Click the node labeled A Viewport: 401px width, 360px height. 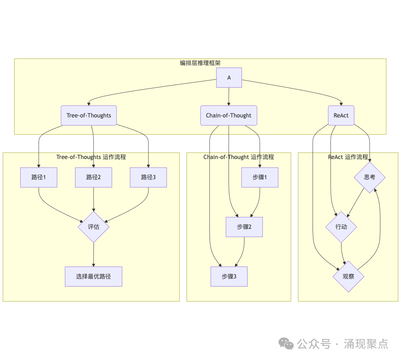[229, 77]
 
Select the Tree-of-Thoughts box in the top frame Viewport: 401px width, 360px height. [89, 115]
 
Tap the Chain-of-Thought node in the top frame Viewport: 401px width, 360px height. [229, 115]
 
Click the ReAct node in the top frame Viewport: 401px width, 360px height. [341, 115]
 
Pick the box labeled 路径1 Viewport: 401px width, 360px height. [39, 177]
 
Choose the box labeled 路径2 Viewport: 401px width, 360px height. [94, 177]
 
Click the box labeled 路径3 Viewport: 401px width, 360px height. [148, 177]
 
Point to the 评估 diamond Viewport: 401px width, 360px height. [94, 227]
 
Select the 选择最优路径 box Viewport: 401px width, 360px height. [94, 276]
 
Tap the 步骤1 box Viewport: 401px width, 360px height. [260, 177]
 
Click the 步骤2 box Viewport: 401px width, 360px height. [244, 227]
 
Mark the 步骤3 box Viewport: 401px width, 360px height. [229, 276]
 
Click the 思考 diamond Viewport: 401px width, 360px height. [370, 177]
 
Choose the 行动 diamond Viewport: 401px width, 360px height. [341, 227]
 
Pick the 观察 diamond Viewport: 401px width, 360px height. [349, 276]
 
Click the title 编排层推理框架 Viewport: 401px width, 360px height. [200, 63]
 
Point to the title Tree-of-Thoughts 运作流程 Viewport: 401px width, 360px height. [91, 157]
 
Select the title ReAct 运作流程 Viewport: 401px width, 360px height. [348, 157]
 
